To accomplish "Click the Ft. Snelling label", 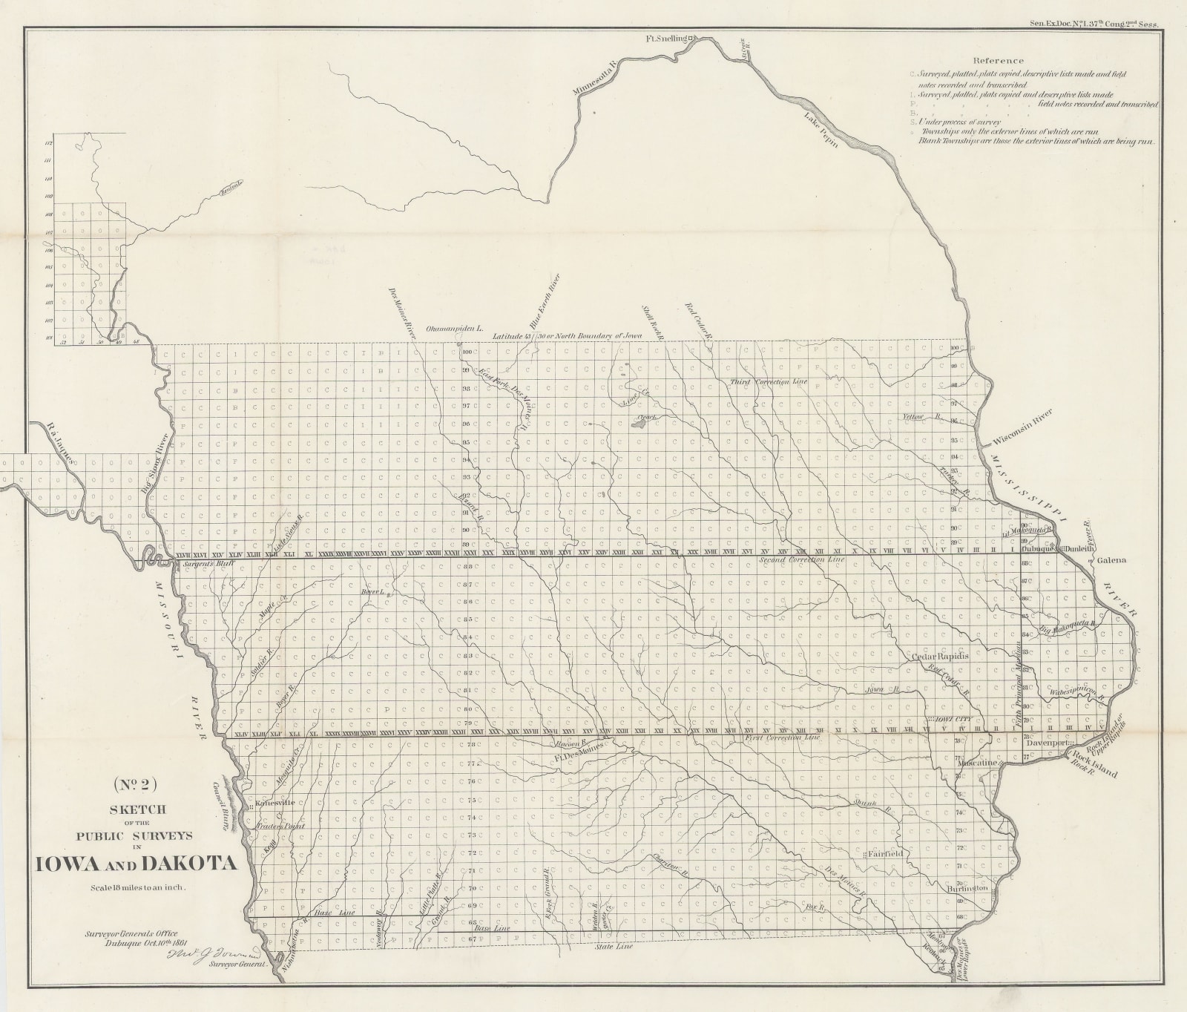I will (x=665, y=37).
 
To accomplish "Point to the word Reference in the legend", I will (x=999, y=61).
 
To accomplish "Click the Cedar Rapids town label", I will (x=940, y=657).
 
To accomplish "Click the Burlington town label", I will (x=967, y=888).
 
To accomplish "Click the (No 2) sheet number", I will (x=134, y=782).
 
